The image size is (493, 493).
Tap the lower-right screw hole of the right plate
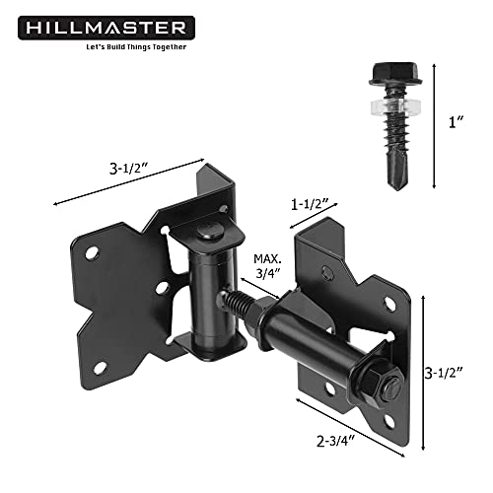[392, 417]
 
